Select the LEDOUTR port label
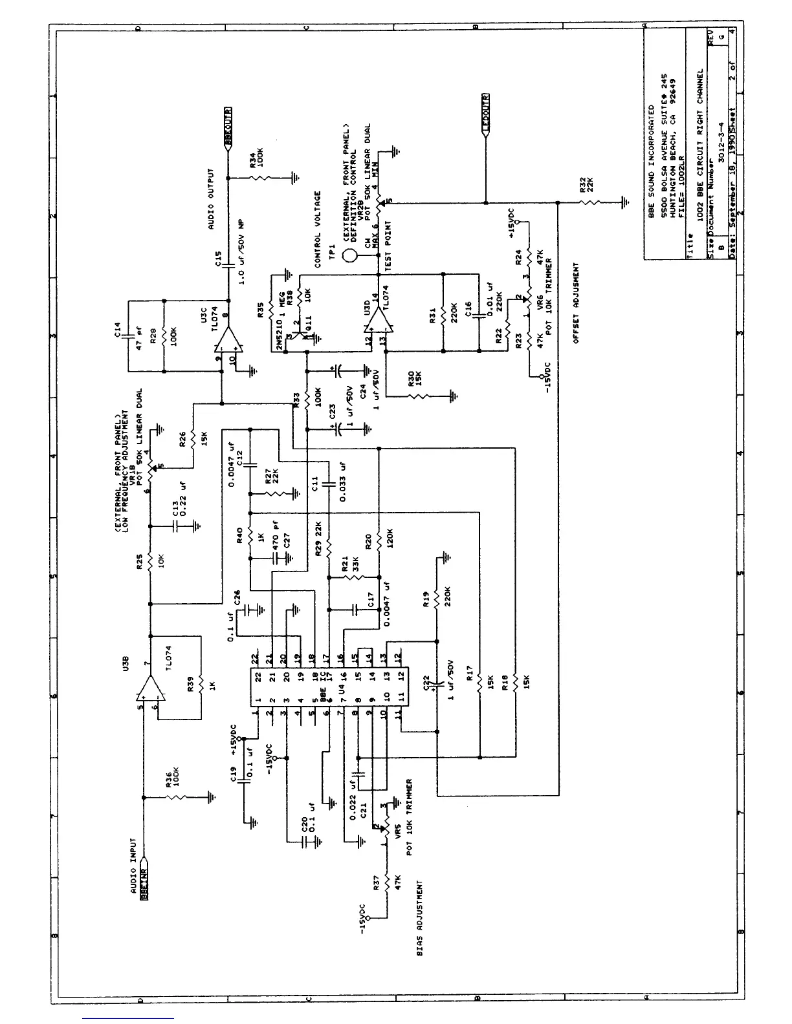486,114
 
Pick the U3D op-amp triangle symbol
377,321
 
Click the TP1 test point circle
350,254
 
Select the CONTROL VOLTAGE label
318,229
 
